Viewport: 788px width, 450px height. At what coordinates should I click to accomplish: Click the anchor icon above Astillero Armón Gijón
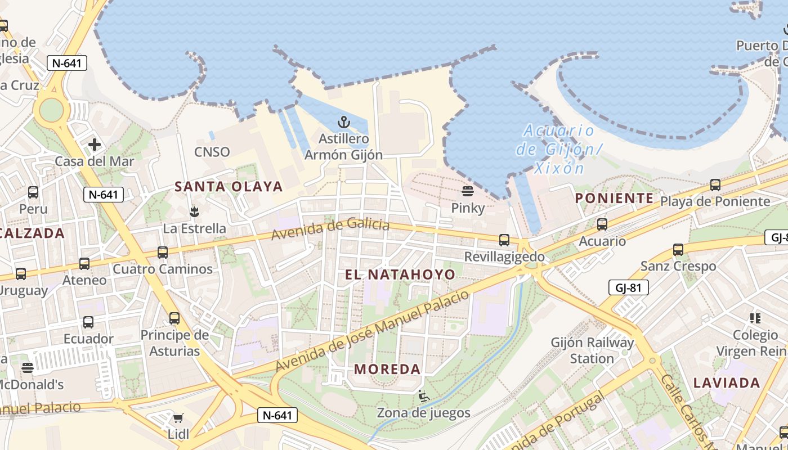pyautogui.click(x=343, y=121)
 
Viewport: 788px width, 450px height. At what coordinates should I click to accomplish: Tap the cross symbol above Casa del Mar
pyautogui.click(x=95, y=145)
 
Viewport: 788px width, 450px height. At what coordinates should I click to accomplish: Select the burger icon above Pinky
pyautogui.click(x=468, y=191)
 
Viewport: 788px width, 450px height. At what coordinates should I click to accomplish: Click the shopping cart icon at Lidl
pyautogui.click(x=178, y=418)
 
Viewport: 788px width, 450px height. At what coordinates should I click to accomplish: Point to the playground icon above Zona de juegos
pyautogui.click(x=424, y=397)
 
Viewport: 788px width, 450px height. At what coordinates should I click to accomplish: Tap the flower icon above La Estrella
pyautogui.click(x=194, y=212)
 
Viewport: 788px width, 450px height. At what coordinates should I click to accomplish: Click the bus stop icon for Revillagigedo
pyautogui.click(x=504, y=240)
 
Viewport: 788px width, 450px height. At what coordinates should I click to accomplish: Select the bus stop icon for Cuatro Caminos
pyautogui.click(x=163, y=252)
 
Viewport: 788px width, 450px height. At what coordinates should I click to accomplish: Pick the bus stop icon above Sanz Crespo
pyautogui.click(x=678, y=249)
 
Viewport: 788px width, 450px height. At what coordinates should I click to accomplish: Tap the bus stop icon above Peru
pyautogui.click(x=33, y=192)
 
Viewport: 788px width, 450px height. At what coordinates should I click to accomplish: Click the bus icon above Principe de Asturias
pyautogui.click(x=174, y=318)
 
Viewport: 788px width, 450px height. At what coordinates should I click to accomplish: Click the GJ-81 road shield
pyautogui.click(x=629, y=288)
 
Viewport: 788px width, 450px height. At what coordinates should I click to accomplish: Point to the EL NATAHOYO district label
pyautogui.click(x=400, y=274)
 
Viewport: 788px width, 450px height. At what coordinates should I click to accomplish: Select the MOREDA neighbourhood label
pyautogui.click(x=388, y=370)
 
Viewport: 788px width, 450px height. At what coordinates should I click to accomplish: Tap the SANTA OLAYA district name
pyautogui.click(x=229, y=186)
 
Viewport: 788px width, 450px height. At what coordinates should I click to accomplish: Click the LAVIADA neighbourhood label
pyautogui.click(x=727, y=383)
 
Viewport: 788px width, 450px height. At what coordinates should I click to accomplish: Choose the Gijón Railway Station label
pyautogui.click(x=592, y=350)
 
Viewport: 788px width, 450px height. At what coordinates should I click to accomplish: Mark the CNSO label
pyautogui.click(x=212, y=152)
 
